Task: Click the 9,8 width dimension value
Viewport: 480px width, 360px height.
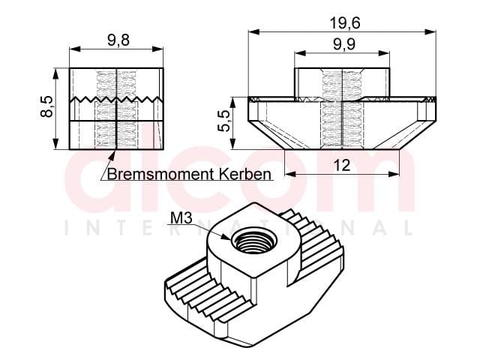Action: (x=118, y=40)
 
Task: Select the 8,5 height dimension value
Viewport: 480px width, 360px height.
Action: (x=46, y=106)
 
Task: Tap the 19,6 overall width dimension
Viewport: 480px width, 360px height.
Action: (x=345, y=23)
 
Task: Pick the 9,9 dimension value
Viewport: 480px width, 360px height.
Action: (x=344, y=45)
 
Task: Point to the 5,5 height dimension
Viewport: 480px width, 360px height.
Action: (x=223, y=121)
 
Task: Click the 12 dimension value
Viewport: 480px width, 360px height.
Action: (x=342, y=166)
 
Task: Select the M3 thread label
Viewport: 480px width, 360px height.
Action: (x=181, y=218)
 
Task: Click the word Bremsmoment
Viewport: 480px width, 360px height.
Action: (x=160, y=174)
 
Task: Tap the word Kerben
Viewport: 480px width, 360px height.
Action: (x=245, y=174)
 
